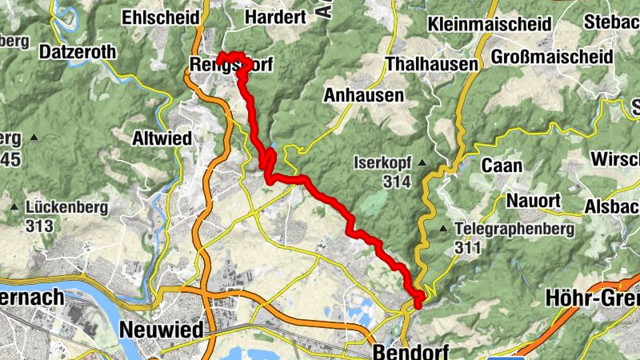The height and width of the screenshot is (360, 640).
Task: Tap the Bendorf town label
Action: pyautogui.click(x=410, y=351)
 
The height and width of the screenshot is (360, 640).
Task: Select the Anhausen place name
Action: pyautogui.click(x=363, y=95)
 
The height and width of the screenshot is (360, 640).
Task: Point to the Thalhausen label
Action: pyautogui.click(x=431, y=64)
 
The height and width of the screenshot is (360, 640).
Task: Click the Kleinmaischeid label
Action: pyautogui.click(x=489, y=23)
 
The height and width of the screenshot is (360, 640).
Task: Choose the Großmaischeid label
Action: pyautogui.click(x=552, y=58)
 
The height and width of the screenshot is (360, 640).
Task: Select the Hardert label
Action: pyautogui.click(x=275, y=17)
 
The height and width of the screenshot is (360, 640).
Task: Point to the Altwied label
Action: pyautogui.click(x=162, y=138)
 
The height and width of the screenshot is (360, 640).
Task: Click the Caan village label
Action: pyautogui.click(x=502, y=166)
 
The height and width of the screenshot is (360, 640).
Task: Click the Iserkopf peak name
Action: pyautogui.click(x=382, y=164)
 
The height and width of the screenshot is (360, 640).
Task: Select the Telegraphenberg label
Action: pyautogui.click(x=514, y=230)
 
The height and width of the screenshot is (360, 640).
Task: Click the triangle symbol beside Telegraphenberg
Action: pyautogui.click(x=442, y=230)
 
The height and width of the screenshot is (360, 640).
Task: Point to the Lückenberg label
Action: pyautogui.click(x=66, y=207)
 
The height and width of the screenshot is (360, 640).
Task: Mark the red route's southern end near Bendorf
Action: pyautogui.click(x=418, y=302)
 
